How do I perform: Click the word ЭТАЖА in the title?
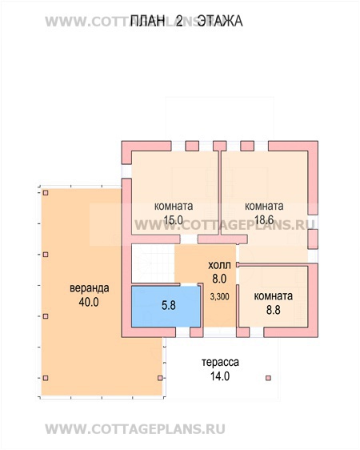[221, 22]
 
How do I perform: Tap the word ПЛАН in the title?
[148, 22]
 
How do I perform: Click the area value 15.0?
[174, 220]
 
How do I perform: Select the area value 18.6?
[264, 220]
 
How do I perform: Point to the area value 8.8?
[273, 310]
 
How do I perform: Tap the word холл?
[219, 265]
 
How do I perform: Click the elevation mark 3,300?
[219, 296]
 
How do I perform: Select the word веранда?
[90, 287]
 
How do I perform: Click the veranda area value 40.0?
[89, 302]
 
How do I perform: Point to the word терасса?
[220, 362]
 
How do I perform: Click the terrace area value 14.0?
[220, 376]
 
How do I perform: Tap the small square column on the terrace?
[268, 378]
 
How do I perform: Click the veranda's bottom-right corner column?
[160, 378]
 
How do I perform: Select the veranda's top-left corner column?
[46, 193]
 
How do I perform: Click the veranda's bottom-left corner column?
[46, 378]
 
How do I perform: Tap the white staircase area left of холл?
[153, 263]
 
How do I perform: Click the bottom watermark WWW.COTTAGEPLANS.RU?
[135, 429]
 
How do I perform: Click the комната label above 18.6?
[264, 206]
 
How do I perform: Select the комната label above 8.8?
[274, 296]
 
